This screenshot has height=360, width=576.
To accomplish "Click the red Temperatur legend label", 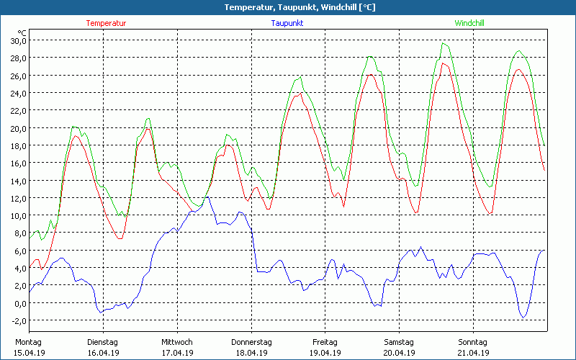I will pyautogui.click(x=106, y=23).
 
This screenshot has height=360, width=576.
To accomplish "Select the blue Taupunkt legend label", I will pyautogui.click(x=287, y=23).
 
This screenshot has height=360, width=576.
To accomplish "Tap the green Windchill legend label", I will pyautogui.click(x=469, y=23).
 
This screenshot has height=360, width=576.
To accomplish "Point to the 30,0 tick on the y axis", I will pyautogui.click(x=17, y=40).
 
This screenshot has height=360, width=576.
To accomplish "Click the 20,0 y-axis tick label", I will pyautogui.click(x=17, y=128).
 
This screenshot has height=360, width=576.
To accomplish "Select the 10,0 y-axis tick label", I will pyautogui.click(x=17, y=215).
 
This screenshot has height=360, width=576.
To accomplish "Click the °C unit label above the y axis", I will pyautogui.click(x=22, y=32).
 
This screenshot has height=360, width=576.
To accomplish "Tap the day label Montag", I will pyautogui.click(x=28, y=342).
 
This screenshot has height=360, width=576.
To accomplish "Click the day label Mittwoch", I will pyautogui.click(x=177, y=342).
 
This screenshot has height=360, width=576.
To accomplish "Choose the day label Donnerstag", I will pyautogui.click(x=251, y=342).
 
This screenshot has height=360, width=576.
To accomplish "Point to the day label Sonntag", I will pyautogui.click(x=473, y=342).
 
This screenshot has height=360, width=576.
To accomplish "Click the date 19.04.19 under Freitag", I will pyautogui.click(x=325, y=353).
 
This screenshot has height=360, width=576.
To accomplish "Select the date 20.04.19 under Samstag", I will pyautogui.click(x=399, y=353).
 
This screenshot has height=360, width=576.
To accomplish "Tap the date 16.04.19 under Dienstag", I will pyautogui.click(x=103, y=353).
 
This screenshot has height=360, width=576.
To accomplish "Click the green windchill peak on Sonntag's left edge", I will pyautogui.click(x=444, y=43).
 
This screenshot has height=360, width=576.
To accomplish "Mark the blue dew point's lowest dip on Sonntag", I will pyautogui.click(x=523, y=317).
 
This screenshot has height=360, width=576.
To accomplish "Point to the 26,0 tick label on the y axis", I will pyautogui.click(x=17, y=76).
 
